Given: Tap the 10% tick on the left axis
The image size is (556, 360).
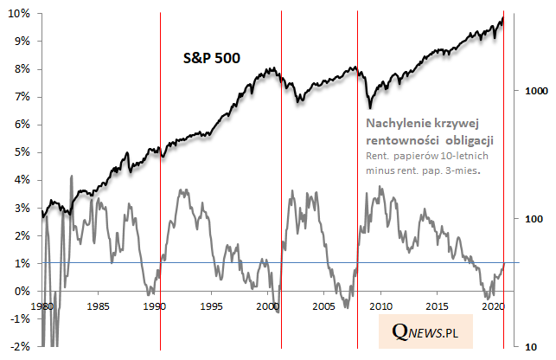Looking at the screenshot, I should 20,14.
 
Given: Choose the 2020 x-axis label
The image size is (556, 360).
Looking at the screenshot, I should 493,307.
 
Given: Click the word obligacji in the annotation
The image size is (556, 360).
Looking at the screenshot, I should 479,139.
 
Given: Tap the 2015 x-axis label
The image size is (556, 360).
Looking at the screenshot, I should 438,307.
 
